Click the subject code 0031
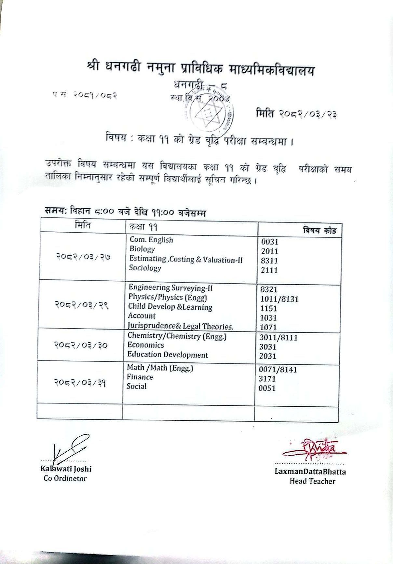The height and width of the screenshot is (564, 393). click(270, 242)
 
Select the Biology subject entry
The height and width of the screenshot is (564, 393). click(142, 249)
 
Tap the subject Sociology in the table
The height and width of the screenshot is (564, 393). click(145, 268)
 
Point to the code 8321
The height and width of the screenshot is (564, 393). click(269, 289)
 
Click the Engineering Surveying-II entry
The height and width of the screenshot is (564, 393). click(170, 288)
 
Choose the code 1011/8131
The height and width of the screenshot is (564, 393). click(279, 299)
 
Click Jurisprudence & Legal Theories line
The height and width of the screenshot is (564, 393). click(181, 326)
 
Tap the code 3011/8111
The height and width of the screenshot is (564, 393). click(278, 338)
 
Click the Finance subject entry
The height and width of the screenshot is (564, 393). click(140, 377)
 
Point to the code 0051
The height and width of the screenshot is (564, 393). click(267, 388)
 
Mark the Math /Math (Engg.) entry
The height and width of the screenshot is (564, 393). click(160, 368)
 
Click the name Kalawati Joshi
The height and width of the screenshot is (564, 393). click(66, 469)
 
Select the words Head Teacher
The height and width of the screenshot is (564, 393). click(312, 481)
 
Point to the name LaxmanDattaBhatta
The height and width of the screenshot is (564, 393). click(310, 472)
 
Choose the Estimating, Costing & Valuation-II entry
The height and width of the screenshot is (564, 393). click(186, 259)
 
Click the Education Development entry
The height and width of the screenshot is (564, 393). click(168, 355)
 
